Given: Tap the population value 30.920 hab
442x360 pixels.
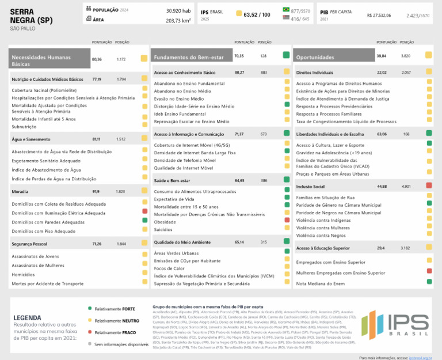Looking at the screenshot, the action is pos(178,10).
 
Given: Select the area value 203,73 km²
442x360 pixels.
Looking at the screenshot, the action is pos(178,20).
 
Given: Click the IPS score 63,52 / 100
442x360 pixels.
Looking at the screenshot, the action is pos(257,14).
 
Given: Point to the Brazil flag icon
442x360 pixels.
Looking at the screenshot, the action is pos(286,10).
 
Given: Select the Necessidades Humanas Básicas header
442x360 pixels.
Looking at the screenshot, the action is pos(49,60).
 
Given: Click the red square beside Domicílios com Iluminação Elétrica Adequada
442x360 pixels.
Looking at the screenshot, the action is pos(144,213).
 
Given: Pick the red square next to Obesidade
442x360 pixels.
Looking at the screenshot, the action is pos(286,221).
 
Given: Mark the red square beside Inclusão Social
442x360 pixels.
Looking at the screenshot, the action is pos(429,187).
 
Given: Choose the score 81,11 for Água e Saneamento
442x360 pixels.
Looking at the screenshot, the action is pos(96,139).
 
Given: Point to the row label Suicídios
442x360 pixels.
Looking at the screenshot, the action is pos(165,229).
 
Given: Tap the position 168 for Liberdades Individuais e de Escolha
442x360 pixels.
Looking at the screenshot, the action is pos(406,134).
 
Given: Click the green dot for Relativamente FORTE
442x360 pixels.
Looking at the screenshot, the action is pos(90,309).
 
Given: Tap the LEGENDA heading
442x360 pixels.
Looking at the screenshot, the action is pos(27,318).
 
